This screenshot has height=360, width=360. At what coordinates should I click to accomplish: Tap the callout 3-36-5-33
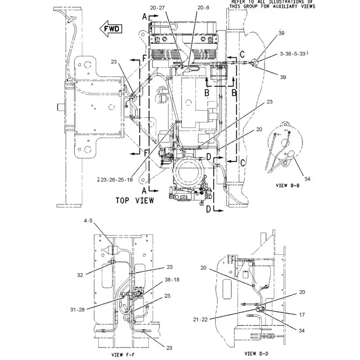tap(292, 54)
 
